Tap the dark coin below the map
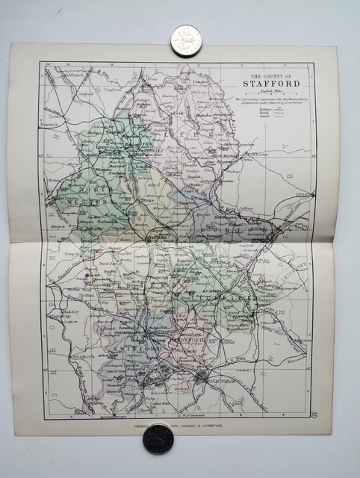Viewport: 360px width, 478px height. point(158,439)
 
